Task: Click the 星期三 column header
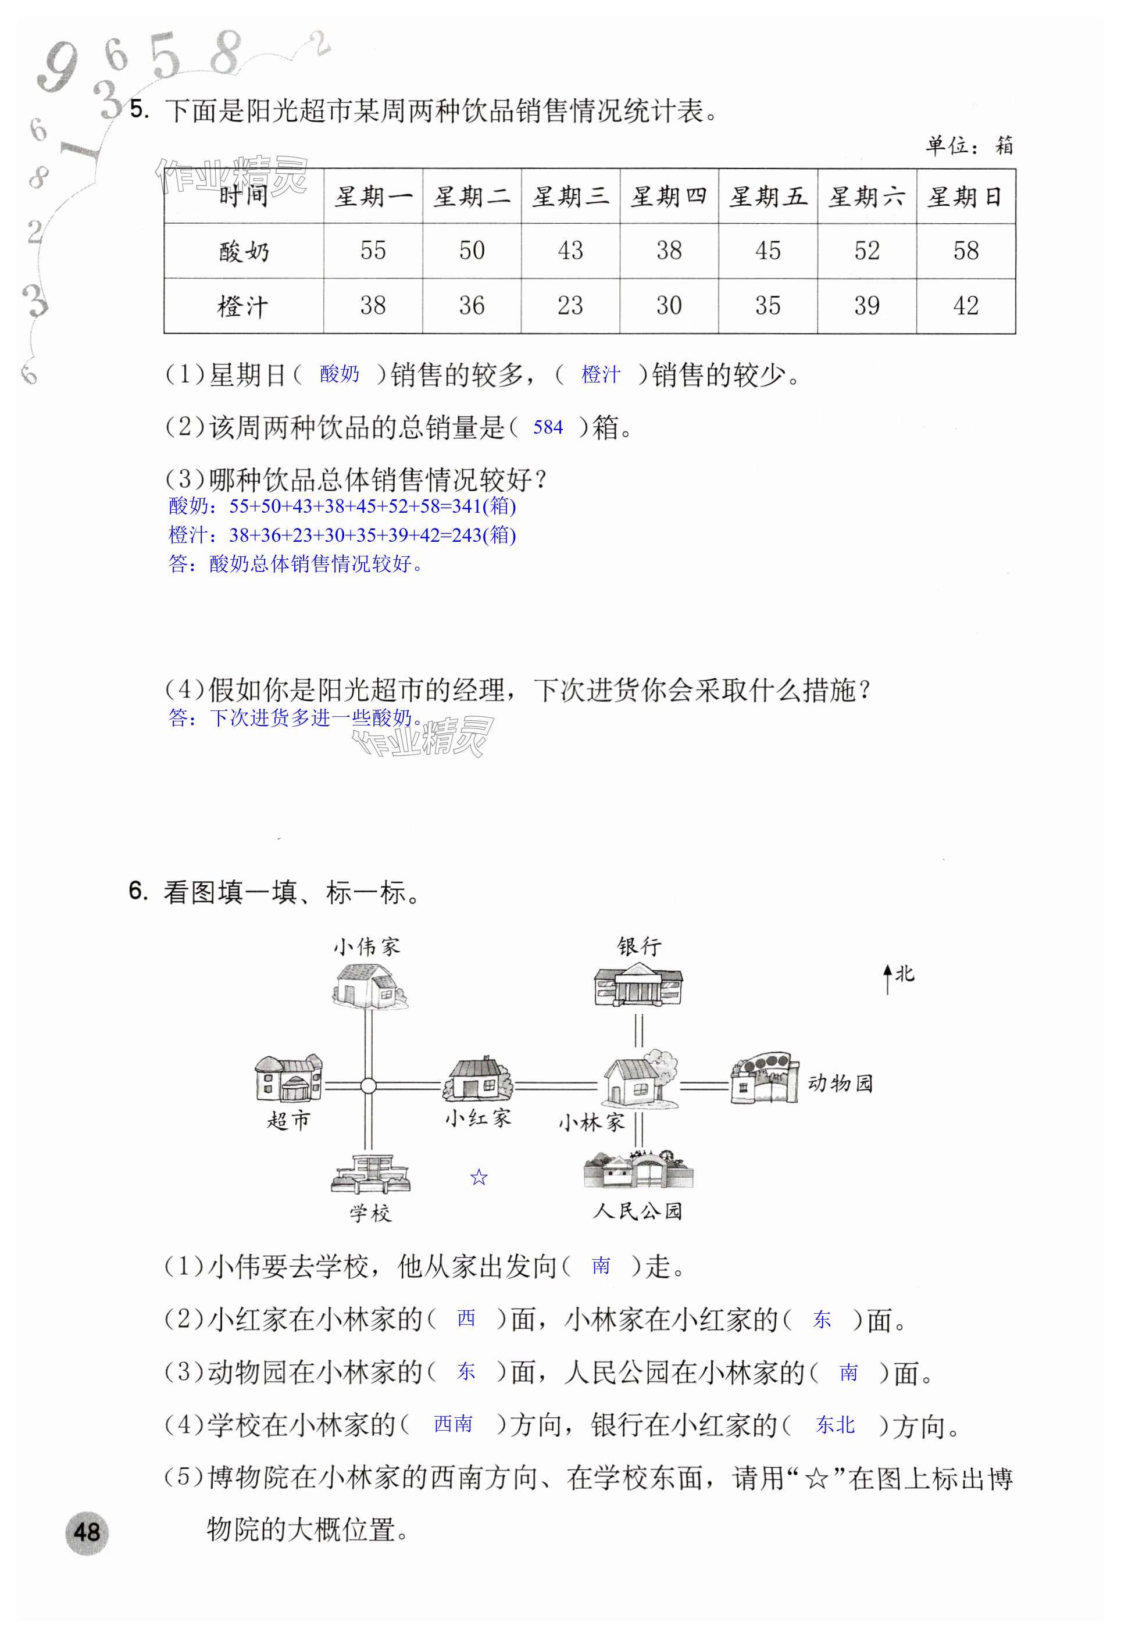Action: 570,196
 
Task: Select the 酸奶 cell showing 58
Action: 965,251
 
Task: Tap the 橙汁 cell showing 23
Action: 570,306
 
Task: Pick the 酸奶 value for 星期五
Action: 767,251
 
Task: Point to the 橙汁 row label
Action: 243,306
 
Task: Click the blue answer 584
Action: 548,427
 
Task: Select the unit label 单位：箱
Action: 969,146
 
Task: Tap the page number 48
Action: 87,1532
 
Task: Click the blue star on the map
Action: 479,1177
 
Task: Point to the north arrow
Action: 888,979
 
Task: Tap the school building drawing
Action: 370,1173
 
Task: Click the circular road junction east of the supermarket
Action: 368,1085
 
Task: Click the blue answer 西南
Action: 452,1424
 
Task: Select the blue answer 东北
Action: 835,1425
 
